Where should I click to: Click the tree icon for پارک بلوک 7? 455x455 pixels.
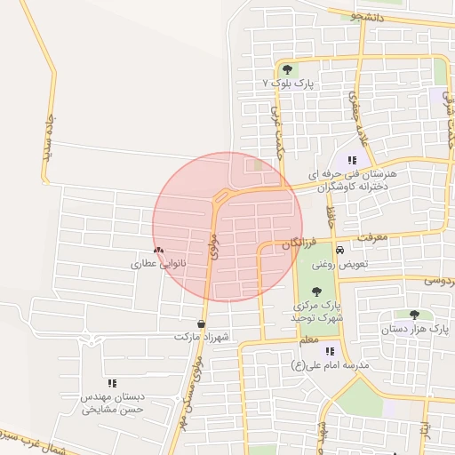tap(286, 69)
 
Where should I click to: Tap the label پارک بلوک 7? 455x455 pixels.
tap(289, 83)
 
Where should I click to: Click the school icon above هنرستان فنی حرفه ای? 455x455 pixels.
tap(352, 160)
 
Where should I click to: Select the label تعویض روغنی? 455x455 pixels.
tap(333, 264)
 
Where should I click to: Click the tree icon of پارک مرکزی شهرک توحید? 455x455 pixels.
tap(317, 291)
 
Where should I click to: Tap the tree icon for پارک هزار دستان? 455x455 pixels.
tap(414, 315)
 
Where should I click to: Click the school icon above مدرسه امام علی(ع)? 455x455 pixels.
tap(330, 351)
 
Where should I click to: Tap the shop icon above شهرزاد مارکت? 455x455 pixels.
tap(203, 323)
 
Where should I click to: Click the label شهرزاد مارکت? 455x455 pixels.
tap(203, 338)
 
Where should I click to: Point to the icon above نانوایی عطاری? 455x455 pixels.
tap(158, 251)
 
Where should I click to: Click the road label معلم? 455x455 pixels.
tap(308, 339)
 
